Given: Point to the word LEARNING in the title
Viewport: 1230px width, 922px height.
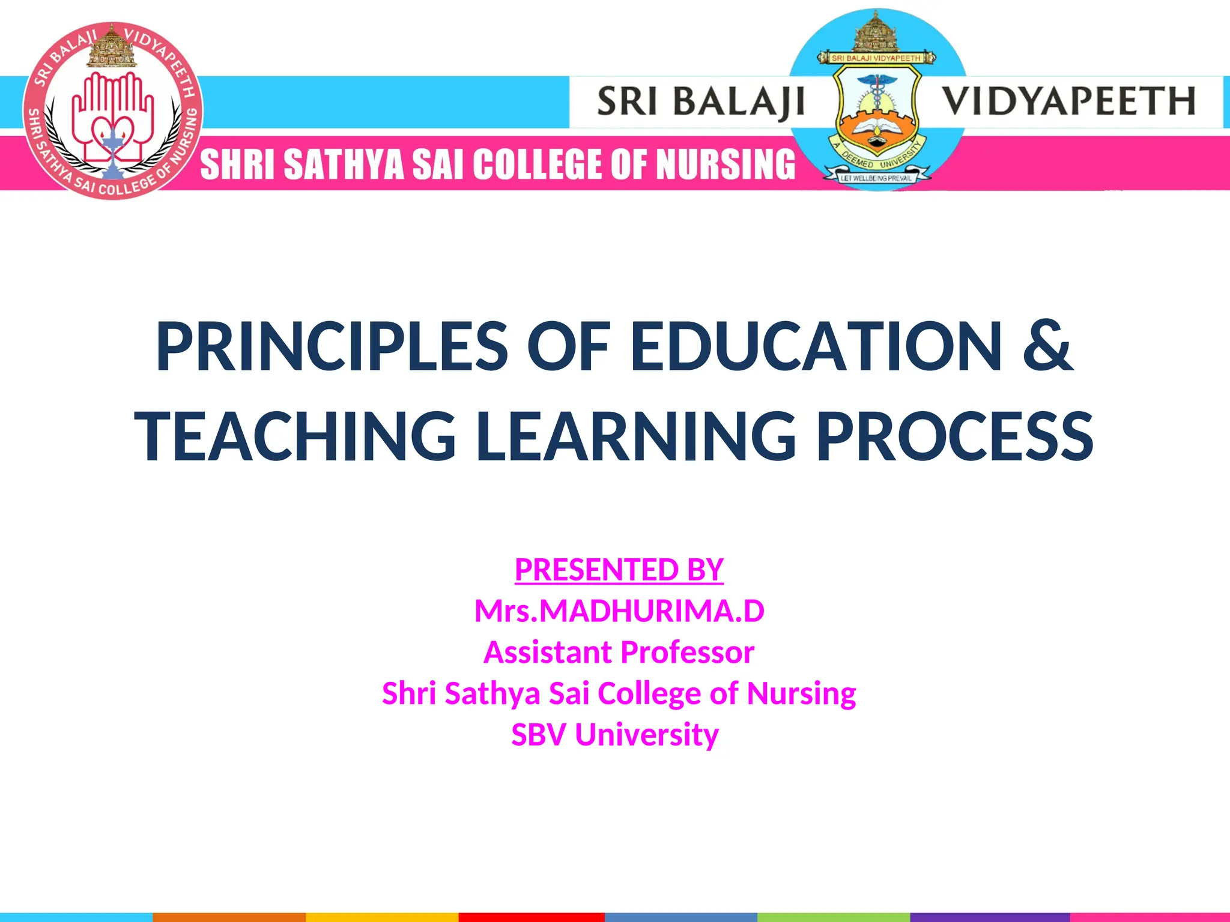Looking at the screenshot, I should click(636, 436).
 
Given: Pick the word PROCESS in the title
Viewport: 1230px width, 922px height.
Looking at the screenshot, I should click(955, 436).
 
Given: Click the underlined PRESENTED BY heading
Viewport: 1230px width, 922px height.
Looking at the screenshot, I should click(619, 569).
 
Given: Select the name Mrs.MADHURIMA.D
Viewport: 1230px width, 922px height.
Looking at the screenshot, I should click(619, 611).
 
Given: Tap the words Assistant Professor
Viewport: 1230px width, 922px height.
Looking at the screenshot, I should click(619, 652).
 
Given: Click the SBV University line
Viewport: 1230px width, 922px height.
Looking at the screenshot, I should click(614, 735).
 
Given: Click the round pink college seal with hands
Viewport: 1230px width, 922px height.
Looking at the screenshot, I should click(113, 111).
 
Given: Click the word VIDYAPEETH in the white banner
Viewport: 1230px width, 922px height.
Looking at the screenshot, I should click(1067, 101).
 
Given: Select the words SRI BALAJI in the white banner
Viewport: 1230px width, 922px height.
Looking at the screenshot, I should click(700, 101).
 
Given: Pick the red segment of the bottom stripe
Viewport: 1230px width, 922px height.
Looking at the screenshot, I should click(532, 917).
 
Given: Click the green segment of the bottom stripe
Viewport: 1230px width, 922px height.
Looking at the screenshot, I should click(834, 917).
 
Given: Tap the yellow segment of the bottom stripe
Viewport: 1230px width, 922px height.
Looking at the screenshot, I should click(382, 917).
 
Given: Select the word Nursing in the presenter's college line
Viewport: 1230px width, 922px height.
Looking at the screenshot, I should click(801, 693).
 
